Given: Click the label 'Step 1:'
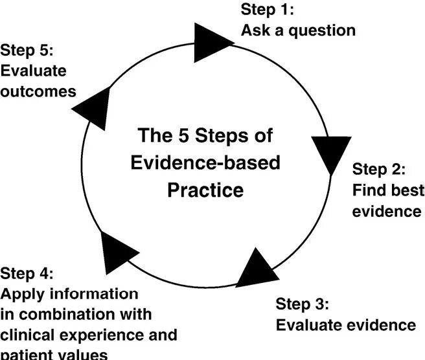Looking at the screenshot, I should pyautogui.click(x=268, y=10).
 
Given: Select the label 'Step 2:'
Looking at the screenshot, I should pyautogui.click(x=379, y=170).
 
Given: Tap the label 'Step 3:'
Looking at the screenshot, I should pyautogui.click(x=303, y=304).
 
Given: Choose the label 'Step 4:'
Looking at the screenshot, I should pyautogui.click(x=27, y=273).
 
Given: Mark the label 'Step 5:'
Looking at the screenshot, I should pyautogui.click(x=27, y=51).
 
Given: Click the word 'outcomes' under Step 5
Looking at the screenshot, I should pyautogui.click(x=38, y=91).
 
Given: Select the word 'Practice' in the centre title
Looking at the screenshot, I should pyautogui.click(x=205, y=190).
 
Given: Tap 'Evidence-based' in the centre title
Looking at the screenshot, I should pyautogui.click(x=205, y=163).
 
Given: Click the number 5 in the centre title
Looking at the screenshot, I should pyautogui.click(x=185, y=137).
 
